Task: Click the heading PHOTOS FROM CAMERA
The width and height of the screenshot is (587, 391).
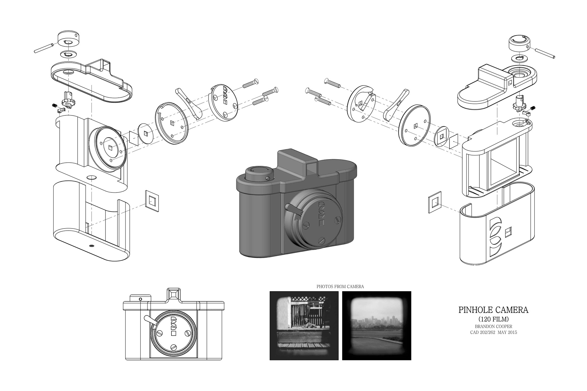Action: (x=340, y=287)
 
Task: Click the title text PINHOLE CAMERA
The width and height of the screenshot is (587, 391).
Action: (x=493, y=310)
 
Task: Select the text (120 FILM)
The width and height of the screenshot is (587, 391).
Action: (x=493, y=319)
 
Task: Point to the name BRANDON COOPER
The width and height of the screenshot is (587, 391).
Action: (x=493, y=327)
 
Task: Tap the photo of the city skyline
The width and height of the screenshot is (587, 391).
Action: (x=377, y=326)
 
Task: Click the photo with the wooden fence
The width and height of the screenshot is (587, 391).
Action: (x=304, y=326)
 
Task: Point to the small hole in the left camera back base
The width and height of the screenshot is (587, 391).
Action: (x=91, y=246)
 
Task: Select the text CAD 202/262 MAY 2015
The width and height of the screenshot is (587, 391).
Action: (x=493, y=332)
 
